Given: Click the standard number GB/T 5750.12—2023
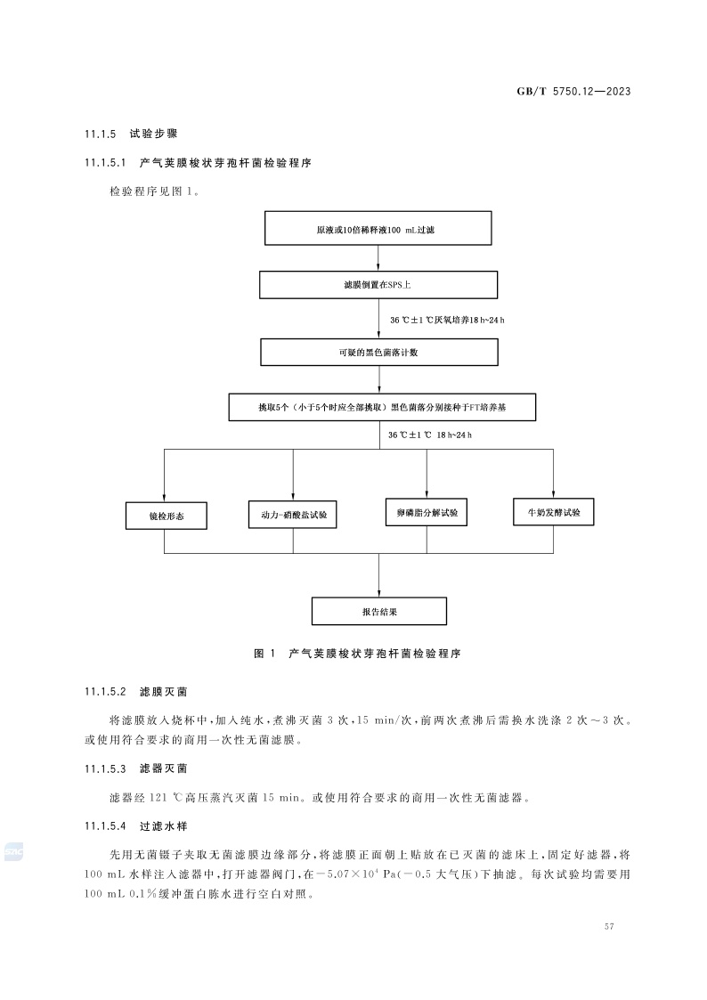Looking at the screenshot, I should point(580,92).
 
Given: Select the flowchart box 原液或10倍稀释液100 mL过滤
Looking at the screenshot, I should point(378,229).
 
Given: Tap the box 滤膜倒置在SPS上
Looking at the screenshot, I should point(378,285).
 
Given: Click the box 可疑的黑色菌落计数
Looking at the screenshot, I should point(378,352).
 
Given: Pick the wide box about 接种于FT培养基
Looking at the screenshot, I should point(383,407).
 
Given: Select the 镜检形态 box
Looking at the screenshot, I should point(167,516).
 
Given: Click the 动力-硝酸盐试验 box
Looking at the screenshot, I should point(292,516).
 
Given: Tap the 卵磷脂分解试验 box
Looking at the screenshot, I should point(427,512).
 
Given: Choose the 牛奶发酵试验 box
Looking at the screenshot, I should point(554,512).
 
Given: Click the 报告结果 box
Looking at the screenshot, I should point(378,612).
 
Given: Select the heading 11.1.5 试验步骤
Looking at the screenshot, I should point(131,134).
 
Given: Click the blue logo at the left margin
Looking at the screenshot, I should point(12,852).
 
